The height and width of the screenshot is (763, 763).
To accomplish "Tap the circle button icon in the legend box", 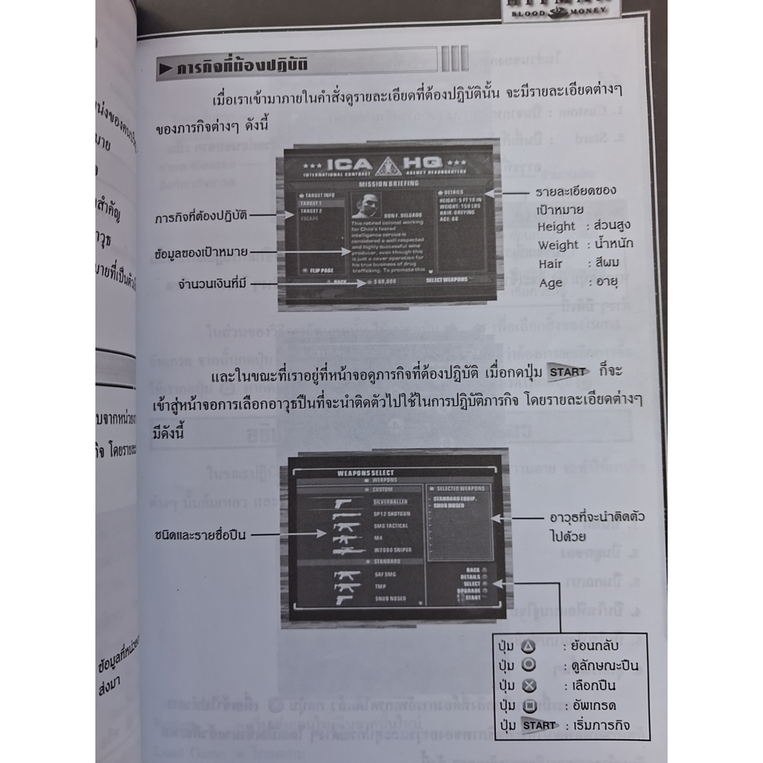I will coord(529,666).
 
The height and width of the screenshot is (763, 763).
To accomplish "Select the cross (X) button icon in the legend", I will coord(529,685).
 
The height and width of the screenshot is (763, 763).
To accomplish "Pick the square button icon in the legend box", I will coord(529,704).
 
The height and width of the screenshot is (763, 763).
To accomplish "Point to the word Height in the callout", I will coord(556,227).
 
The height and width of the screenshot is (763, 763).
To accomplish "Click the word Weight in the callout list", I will coord(558,246).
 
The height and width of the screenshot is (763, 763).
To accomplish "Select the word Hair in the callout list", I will coord(550,264).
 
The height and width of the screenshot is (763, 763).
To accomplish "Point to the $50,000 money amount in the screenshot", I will coord(384,282).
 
